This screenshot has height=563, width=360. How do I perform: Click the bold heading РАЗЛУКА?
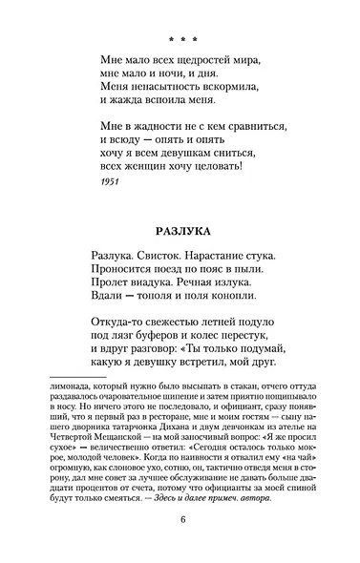180,229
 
